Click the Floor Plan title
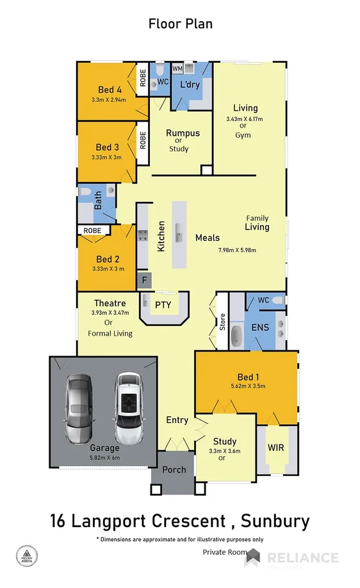pos(180,24)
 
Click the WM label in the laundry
pos(177,68)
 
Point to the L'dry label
pos(190,85)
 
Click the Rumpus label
pos(183,133)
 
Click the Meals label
pos(209,238)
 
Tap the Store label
pos(222,320)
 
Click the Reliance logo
pos(291,558)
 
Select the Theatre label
pos(110,303)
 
